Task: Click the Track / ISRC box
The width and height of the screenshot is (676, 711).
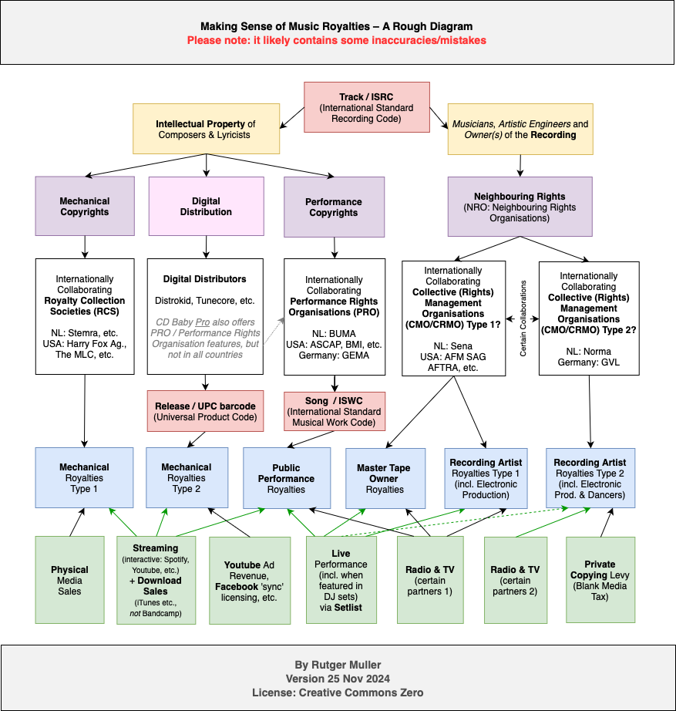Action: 366,107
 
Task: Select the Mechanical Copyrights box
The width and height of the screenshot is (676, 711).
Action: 85,206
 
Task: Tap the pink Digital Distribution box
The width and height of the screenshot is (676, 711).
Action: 206,206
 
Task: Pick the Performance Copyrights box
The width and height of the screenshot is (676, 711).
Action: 333,207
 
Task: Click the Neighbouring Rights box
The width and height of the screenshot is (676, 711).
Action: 520,206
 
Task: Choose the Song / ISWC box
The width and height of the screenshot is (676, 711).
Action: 334,411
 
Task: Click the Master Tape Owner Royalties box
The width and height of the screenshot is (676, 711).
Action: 384,477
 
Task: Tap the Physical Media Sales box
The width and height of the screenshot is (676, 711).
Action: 69,579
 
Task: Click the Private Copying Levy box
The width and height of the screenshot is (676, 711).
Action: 600,579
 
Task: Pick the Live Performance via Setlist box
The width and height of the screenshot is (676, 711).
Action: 341,579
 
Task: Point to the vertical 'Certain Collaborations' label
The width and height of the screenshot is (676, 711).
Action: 522,317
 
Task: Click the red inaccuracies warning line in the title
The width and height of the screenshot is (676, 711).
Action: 338,40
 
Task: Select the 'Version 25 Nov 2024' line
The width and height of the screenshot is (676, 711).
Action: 338,679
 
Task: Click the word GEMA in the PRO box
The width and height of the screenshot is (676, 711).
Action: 354,355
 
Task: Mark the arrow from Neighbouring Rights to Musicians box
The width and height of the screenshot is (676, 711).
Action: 520,163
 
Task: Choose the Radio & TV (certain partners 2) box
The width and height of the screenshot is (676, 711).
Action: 515,579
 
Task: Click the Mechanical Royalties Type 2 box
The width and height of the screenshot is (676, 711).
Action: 186,477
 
